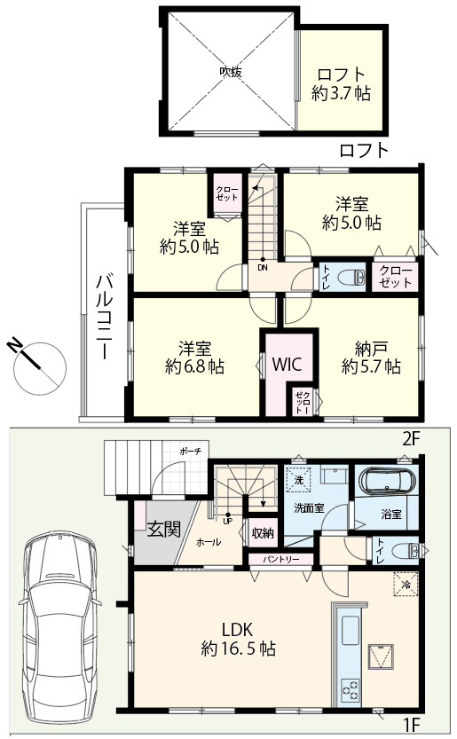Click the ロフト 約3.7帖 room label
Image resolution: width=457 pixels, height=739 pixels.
341,84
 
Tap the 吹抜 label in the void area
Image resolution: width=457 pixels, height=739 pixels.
231,72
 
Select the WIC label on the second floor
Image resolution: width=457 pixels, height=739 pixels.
287,364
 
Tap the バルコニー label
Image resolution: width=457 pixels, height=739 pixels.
104,318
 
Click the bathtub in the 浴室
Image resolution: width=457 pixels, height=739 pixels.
388,482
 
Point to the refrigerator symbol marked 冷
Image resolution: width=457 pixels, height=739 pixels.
406,585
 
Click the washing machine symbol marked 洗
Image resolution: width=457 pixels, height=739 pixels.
298,479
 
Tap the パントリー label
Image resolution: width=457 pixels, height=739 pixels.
281,560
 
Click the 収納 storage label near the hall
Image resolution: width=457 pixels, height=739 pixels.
262,533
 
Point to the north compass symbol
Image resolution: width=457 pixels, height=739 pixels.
37,364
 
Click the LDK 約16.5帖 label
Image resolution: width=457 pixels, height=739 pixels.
238,640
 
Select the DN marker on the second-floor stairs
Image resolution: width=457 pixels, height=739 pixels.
263,267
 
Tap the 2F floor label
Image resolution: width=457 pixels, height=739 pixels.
410,439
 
